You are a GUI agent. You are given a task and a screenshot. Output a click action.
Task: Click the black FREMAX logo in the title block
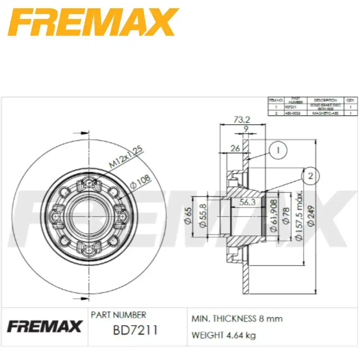[x=44, y=327]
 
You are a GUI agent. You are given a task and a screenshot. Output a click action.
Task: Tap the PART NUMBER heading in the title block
[x=118, y=315]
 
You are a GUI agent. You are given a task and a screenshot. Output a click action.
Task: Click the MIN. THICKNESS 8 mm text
[x=237, y=319]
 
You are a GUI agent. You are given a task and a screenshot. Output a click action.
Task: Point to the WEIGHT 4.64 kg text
[x=223, y=335]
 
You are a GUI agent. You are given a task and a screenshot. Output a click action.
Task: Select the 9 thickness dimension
[x=246, y=129]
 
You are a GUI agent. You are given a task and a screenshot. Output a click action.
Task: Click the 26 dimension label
[x=235, y=148]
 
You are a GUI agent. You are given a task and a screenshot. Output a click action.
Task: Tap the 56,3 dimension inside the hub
[x=247, y=202]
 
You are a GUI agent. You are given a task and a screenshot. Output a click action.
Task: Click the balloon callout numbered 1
[x=278, y=150]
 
